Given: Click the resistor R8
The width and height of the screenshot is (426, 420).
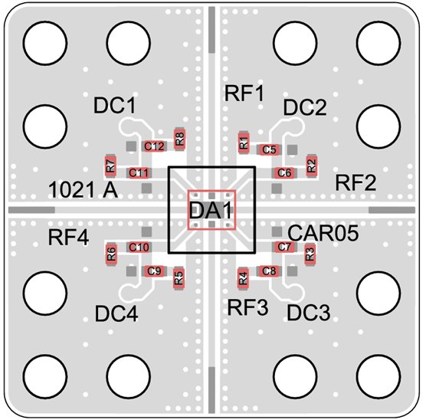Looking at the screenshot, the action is click(180, 139).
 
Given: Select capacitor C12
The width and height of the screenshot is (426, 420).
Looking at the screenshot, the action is click(154, 146).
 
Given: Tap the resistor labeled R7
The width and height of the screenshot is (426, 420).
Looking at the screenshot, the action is click(110, 166).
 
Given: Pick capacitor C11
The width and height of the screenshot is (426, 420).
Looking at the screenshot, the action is click(139, 173).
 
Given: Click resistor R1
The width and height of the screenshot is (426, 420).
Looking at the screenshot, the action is click(244, 143).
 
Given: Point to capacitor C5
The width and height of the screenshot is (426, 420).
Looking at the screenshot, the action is click(269, 149).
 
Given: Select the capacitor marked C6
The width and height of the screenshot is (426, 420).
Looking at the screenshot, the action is click(284, 173).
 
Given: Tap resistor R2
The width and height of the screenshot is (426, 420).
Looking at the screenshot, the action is click(312, 166).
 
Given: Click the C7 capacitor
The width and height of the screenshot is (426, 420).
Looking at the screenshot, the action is click(284, 247).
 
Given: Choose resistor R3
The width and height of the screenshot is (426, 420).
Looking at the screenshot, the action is click(310, 254).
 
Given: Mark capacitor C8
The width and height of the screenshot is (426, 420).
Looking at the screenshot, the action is click(269, 271).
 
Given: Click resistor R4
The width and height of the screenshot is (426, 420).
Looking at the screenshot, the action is click(243, 278).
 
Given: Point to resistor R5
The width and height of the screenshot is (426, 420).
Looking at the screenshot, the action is click(179, 278).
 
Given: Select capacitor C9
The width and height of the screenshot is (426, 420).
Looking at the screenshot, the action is click(154, 271).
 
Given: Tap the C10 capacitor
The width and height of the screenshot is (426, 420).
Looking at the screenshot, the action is click(139, 247).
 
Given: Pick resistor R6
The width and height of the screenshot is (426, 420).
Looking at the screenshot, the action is click(111, 254).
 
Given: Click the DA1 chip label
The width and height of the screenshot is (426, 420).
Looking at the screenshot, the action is click(210, 210).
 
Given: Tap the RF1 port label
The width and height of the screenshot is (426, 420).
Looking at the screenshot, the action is click(244, 94).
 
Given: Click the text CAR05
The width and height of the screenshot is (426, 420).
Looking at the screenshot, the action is click(323, 233).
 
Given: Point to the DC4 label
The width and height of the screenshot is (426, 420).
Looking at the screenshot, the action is click(116, 313).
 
